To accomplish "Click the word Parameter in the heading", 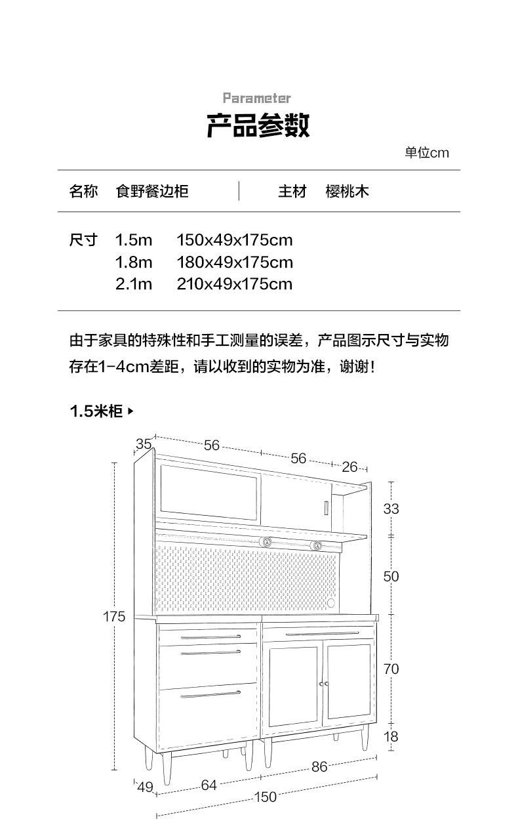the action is click(256, 98).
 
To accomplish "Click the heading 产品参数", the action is click(258, 125).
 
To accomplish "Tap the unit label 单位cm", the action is click(426, 153).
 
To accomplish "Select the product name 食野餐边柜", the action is click(152, 191).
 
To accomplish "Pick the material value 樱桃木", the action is click(348, 191).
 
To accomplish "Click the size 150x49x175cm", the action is click(234, 240).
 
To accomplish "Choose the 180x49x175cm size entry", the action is click(234, 262).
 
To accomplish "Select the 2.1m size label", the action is click(134, 284).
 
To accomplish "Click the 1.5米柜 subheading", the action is click(96, 411).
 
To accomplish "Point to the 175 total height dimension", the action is click(113, 617).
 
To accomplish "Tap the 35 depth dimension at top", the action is click(144, 444).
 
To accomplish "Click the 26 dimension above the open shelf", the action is click(350, 467).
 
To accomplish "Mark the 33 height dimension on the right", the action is click(391, 509).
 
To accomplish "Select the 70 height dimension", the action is click(391, 669).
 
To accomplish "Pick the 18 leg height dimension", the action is click(391, 736).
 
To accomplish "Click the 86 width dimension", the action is click(319, 766).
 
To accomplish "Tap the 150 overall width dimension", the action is click(265, 797).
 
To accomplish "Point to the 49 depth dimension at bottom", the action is click(145, 787).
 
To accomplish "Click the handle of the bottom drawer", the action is click(210, 694).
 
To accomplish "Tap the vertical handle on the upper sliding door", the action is click(325, 509).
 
